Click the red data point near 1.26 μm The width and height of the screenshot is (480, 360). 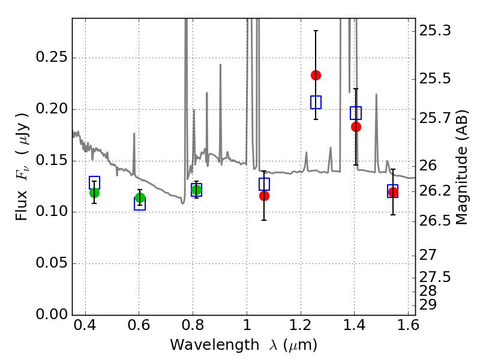(316, 75)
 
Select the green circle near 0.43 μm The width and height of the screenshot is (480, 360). (94, 193)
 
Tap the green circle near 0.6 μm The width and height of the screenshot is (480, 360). (140, 198)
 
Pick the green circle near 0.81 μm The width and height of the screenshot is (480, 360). (196, 190)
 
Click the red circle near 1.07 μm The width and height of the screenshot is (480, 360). (264, 196)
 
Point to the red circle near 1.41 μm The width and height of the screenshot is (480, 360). (356, 127)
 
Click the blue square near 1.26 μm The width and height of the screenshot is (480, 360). (316, 102)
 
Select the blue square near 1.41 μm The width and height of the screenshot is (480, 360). (356, 113)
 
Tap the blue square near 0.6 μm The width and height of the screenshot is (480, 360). (140, 204)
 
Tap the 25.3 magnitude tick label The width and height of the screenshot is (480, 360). (436, 30)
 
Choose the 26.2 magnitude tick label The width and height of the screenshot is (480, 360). (436, 191)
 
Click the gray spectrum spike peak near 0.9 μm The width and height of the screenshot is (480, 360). (220, 65)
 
